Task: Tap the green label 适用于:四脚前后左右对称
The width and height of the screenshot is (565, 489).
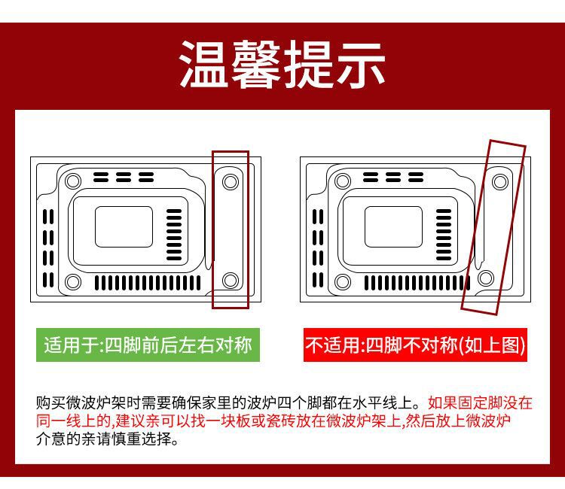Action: [148, 345]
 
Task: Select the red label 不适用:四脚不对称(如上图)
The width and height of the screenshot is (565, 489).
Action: [415, 345]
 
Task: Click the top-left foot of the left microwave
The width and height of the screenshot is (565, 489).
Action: [73, 181]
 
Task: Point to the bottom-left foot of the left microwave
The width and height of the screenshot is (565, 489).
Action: [73, 282]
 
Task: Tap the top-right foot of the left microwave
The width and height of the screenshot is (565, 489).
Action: [231, 181]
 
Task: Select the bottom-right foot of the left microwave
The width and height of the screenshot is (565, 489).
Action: [231, 281]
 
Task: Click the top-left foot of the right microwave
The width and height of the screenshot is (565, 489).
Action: [343, 181]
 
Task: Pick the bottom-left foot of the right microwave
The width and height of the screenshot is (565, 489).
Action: [343, 282]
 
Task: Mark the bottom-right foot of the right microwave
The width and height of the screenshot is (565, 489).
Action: [485, 277]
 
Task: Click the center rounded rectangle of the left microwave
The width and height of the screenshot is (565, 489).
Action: [124, 226]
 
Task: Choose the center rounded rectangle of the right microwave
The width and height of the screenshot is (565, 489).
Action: [394, 226]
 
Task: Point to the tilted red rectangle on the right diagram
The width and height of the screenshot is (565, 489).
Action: [494, 226]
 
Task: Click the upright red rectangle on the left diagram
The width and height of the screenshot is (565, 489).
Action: [231, 229]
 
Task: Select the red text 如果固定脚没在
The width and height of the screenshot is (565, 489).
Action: [479, 403]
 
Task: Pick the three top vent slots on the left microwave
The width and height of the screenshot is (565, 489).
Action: [124, 178]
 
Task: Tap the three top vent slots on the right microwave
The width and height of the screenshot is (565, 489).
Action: [394, 178]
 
